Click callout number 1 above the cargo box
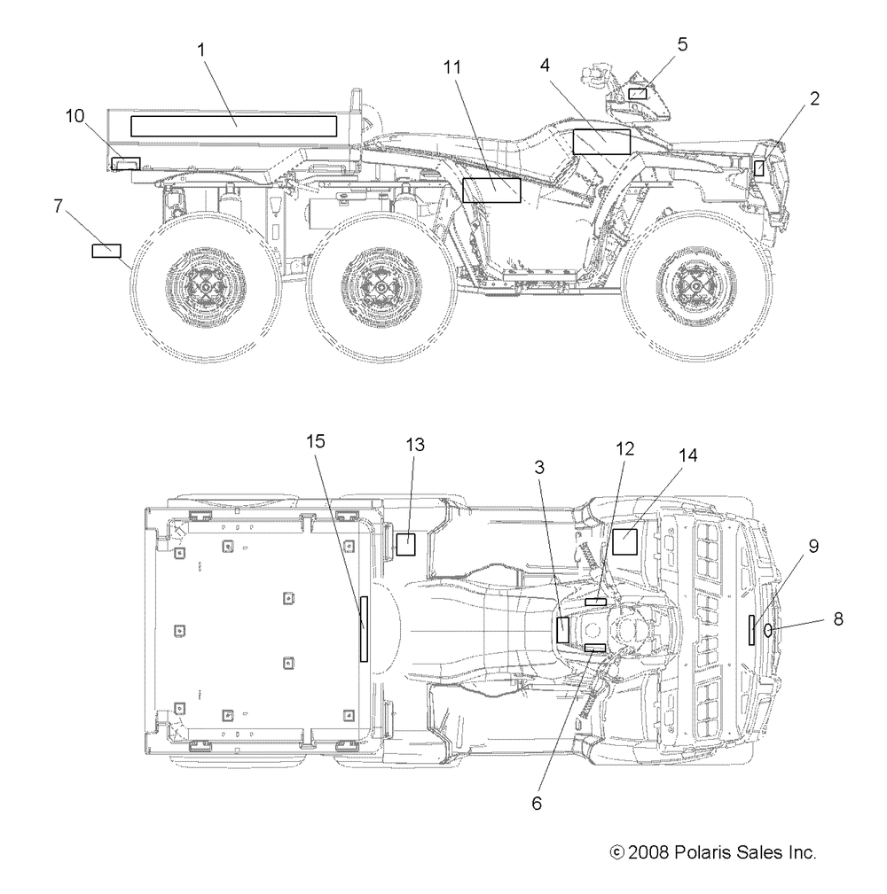click(201, 51)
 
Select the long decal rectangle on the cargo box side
click(234, 126)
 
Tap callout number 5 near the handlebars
click(683, 44)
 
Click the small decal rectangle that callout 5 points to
click(638, 94)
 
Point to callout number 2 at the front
click(814, 98)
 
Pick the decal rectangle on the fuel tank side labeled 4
click(601, 142)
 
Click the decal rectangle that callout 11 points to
click(491, 190)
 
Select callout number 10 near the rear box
click(75, 116)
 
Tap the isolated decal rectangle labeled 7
click(106, 251)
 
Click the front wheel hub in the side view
click(695, 284)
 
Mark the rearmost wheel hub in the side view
click(206, 284)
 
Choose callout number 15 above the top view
click(316, 441)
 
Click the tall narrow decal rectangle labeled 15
click(364, 629)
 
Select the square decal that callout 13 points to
click(406, 544)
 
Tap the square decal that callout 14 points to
click(625, 541)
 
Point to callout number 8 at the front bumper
click(838, 618)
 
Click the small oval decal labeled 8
click(768, 630)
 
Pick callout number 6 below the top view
click(537, 804)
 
